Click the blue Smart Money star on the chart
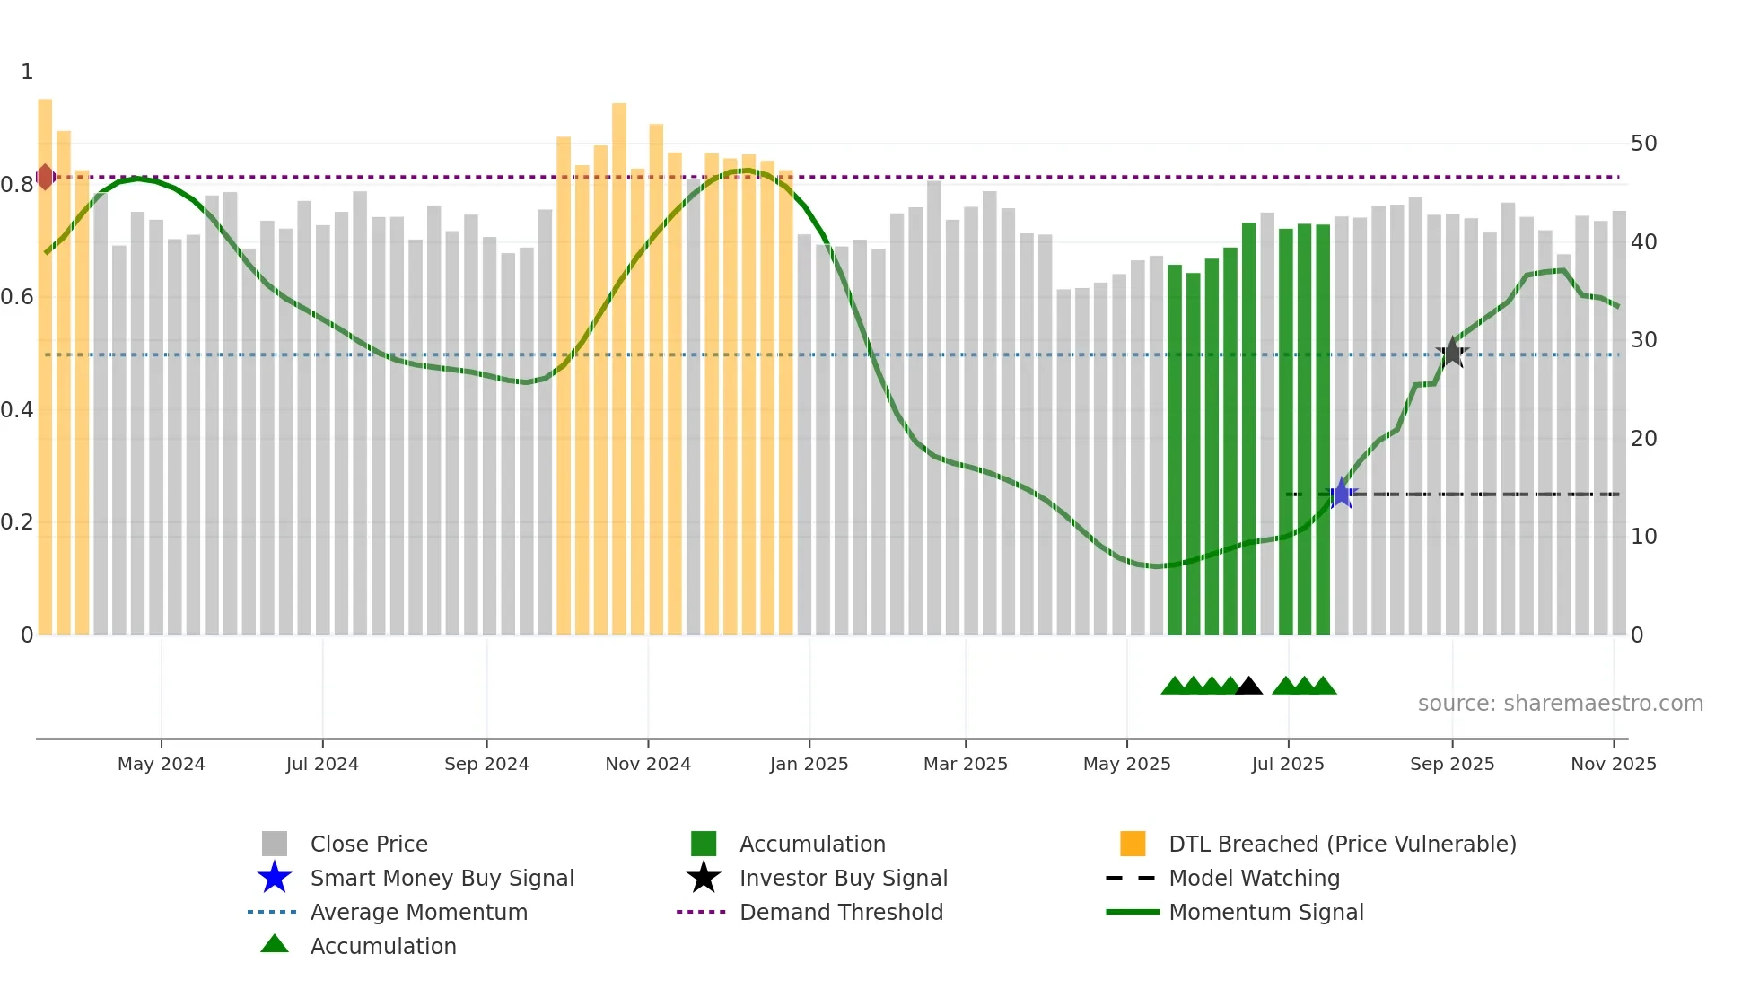[1342, 494]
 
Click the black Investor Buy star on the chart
[1453, 354]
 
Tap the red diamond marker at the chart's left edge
[45, 177]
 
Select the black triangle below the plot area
[1248, 687]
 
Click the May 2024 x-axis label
[162, 764]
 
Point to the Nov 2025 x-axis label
[1613, 764]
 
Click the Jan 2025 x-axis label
[809, 764]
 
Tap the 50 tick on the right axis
[1643, 144]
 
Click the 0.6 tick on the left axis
[17, 297]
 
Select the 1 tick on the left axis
[27, 72]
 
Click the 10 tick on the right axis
[1643, 537]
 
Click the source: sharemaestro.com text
[1560, 704]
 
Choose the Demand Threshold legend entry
[841, 913]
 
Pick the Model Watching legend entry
[1253, 879]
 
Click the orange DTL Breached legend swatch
[1133, 844]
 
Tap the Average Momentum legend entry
[418, 913]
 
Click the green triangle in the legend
[275, 944]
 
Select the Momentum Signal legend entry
[1265, 913]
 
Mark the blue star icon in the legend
[275, 878]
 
